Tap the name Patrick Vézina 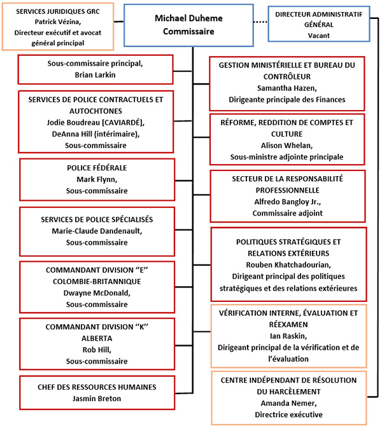[59, 22]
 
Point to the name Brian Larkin [97, 74]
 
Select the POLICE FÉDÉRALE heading [97, 168]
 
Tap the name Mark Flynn [97, 179]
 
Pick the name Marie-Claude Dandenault [97, 231]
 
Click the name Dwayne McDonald [97, 292]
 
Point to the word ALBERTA [97, 338]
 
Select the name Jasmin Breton [97, 398]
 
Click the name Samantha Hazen [287, 88]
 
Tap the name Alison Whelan [287, 145]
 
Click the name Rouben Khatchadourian [287, 266]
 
